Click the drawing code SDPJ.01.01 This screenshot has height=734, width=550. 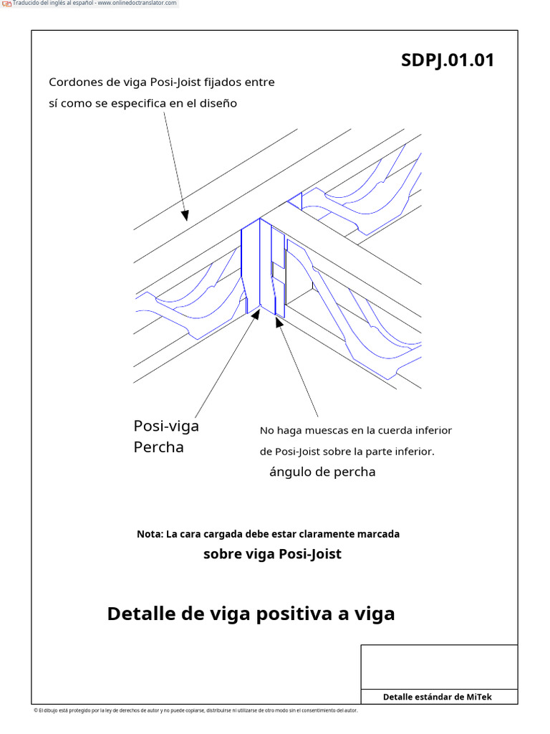[x=448, y=60]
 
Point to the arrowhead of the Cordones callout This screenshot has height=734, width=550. [x=185, y=214]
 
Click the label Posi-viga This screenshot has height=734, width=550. [x=166, y=426]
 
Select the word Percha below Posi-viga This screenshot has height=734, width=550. [x=158, y=447]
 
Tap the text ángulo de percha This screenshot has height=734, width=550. [x=322, y=472]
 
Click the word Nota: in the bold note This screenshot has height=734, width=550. [x=150, y=534]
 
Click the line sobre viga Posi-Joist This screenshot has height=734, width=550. [x=272, y=554]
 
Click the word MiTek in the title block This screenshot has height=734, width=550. [x=479, y=697]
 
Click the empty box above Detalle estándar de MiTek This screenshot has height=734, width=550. [x=438, y=667]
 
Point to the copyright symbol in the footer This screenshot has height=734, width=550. [x=36, y=710]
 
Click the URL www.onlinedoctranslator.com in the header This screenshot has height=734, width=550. [x=137, y=3]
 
